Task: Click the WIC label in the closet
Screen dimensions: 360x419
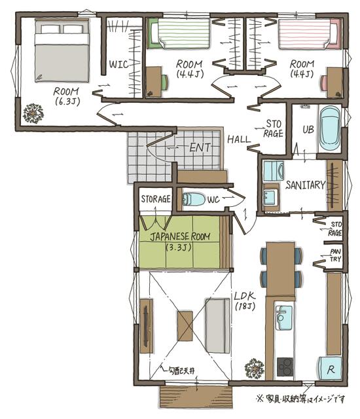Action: click(x=118, y=64)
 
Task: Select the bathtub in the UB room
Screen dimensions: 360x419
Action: click(x=330, y=129)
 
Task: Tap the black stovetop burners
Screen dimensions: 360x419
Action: click(x=285, y=367)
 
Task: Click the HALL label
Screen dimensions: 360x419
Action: click(x=239, y=139)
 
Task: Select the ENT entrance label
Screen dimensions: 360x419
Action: click(x=200, y=147)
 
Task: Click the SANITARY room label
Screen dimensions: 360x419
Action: click(x=305, y=185)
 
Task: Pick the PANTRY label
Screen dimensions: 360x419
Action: click(x=335, y=255)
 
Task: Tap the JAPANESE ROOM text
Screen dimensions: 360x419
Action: click(x=180, y=236)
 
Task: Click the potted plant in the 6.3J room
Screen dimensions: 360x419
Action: click(x=33, y=113)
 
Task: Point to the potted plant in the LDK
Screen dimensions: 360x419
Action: click(x=254, y=368)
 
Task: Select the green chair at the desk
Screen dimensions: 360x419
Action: click(x=164, y=82)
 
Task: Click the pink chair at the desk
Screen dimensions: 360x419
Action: click(x=324, y=82)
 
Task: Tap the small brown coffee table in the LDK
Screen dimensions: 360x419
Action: click(x=185, y=325)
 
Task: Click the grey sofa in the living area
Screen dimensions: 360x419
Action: click(x=217, y=325)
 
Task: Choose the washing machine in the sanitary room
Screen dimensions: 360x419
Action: click(x=273, y=170)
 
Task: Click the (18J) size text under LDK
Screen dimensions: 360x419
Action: click(x=245, y=306)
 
